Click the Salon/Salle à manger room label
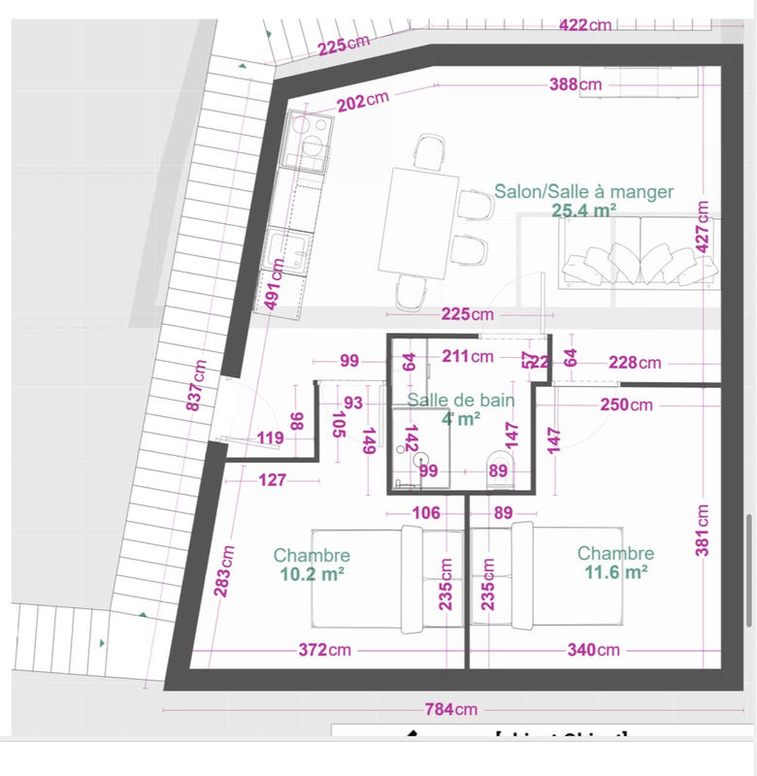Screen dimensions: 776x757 point(583,192)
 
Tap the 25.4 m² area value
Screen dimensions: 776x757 point(585,210)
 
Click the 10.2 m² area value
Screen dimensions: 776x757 point(312,573)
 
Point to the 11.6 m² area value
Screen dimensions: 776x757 point(615,572)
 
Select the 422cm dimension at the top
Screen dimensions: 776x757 point(585,24)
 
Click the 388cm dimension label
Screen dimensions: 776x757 point(576,84)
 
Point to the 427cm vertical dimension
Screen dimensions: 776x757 point(704,236)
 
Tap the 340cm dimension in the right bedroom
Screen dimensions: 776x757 point(593,649)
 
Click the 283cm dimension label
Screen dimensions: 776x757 point(225,570)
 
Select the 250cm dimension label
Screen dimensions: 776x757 point(626,404)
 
